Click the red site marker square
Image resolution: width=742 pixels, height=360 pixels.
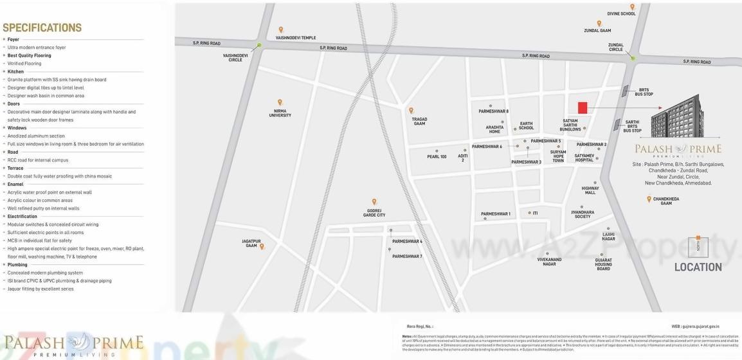[583, 108]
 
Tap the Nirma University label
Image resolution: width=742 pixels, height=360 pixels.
[280, 113]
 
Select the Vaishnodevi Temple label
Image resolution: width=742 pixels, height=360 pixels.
[296, 38]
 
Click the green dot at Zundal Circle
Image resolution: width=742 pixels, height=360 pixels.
[633, 59]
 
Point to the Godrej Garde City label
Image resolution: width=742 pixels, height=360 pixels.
[374, 213]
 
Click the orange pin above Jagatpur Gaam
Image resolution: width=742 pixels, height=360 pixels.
[262, 246]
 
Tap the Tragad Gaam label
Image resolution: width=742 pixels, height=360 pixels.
[419, 121]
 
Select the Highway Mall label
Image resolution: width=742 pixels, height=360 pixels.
[590, 190]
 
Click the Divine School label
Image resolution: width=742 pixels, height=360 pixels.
[621, 14]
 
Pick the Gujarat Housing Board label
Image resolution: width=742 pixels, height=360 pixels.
[603, 264]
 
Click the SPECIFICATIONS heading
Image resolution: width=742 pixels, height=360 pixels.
[42, 28]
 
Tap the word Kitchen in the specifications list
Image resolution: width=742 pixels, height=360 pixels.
[15, 71]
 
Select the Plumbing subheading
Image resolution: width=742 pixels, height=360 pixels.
[17, 264]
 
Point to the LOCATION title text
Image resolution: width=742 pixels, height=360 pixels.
[698, 267]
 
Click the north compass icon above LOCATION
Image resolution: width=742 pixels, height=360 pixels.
[698, 246]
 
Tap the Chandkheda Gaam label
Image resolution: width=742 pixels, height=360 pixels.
[666, 201]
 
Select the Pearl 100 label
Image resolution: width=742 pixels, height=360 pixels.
[437, 156]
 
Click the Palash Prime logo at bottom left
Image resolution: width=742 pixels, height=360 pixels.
[73, 344]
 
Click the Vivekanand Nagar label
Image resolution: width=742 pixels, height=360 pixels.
[550, 261]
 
